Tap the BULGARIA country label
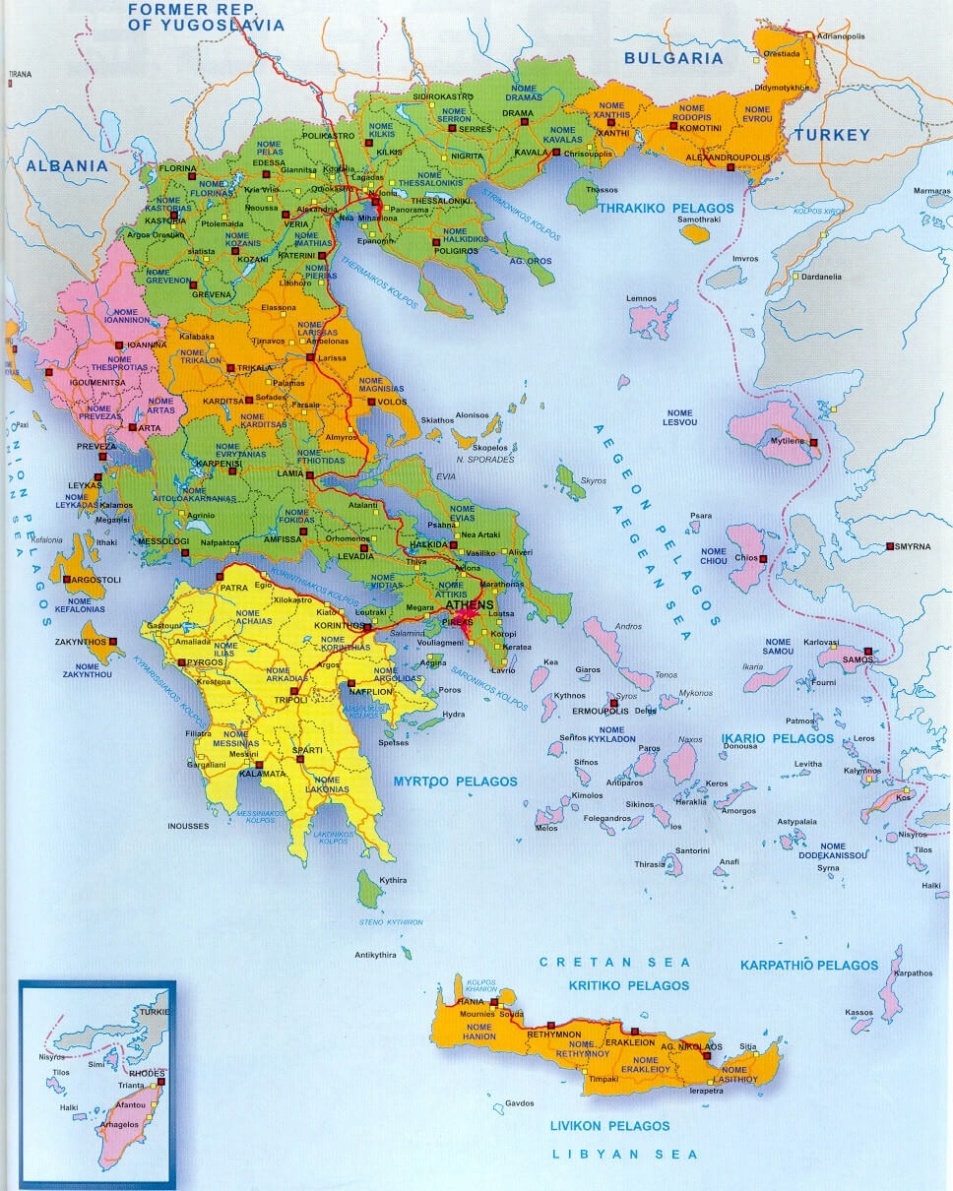coord(674,58)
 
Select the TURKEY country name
coord(833,135)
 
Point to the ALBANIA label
coord(67,165)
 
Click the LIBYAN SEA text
coord(624,1155)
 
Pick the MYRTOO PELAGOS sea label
coord(455,782)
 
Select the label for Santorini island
coord(692,850)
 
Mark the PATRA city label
coord(233,588)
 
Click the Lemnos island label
coord(642,298)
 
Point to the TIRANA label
coord(19,74)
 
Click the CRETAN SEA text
coord(614,963)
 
